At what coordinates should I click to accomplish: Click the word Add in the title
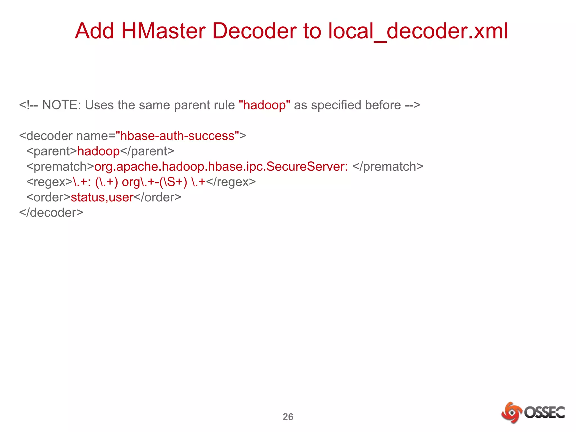click(x=94, y=31)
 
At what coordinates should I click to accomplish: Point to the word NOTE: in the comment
click(x=61, y=105)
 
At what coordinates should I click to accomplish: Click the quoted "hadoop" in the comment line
click(x=264, y=105)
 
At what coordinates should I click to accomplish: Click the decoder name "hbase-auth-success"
click(x=177, y=136)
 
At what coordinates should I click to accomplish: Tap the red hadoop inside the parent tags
click(x=98, y=151)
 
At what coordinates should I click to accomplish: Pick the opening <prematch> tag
click(x=60, y=166)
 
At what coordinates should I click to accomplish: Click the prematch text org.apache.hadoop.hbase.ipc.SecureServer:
click(x=221, y=166)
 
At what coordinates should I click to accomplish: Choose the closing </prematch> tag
click(x=388, y=166)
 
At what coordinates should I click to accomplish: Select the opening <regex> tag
click(x=49, y=182)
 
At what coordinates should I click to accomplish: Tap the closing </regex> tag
click(x=231, y=182)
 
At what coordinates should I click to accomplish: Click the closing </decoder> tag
click(x=51, y=213)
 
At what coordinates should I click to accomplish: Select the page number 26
click(x=288, y=417)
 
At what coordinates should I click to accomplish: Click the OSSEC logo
click(x=533, y=412)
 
